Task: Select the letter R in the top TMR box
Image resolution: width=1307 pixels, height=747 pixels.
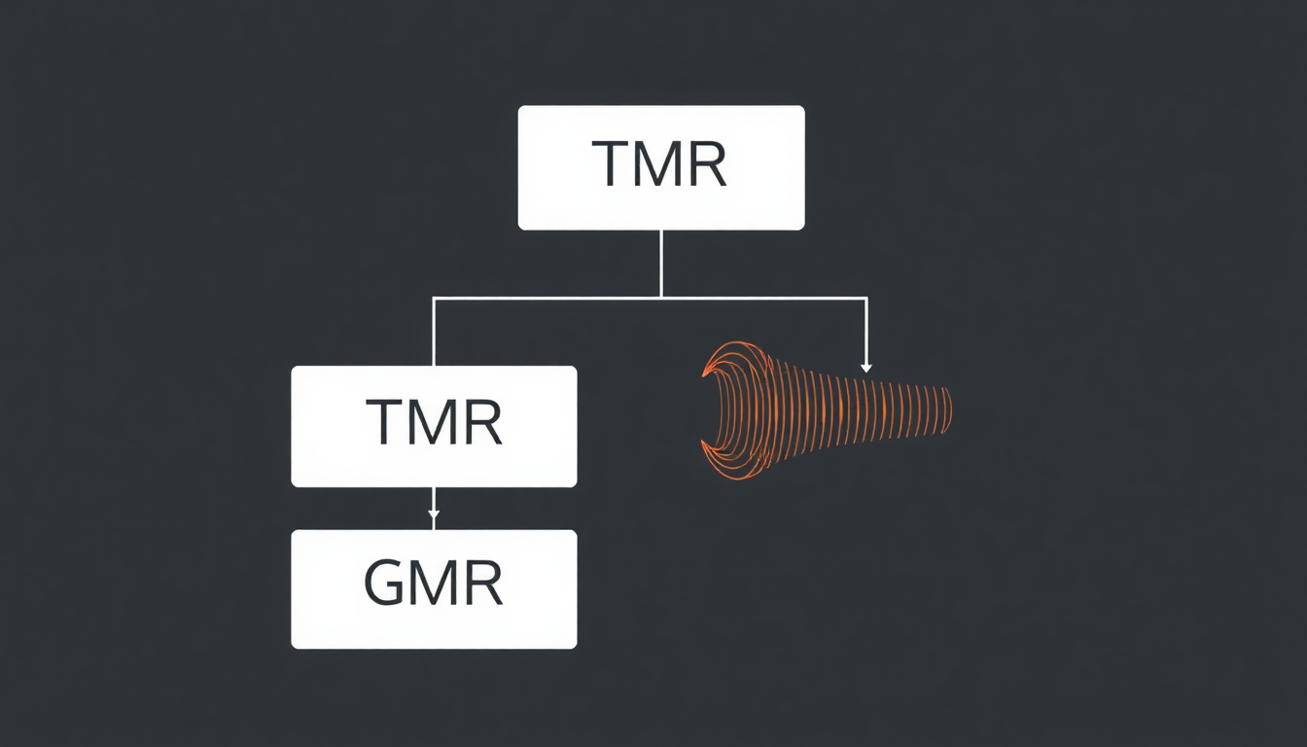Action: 706,165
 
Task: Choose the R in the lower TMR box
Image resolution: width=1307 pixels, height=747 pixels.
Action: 481,423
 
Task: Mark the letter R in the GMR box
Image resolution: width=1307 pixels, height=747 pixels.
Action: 482,584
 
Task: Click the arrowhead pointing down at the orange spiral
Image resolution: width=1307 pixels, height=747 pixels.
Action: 865,368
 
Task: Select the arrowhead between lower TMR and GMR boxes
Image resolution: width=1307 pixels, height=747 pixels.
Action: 434,514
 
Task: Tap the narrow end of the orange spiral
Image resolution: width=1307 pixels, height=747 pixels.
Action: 945,409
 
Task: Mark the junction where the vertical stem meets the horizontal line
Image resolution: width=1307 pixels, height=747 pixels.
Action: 661,298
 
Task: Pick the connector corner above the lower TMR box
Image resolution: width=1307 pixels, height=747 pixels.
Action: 434,299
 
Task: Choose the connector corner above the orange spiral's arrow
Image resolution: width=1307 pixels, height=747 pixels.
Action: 865,299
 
